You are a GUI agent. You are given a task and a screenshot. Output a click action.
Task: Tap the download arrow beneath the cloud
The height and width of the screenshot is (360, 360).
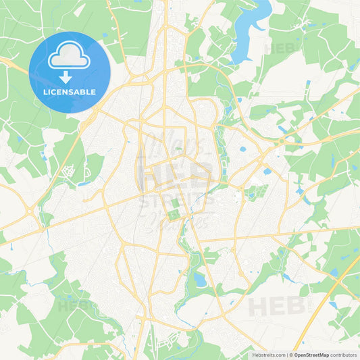pyautogui.click(x=70, y=76)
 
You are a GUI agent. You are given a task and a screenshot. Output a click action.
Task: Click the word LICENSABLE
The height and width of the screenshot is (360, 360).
pyautogui.click(x=70, y=92)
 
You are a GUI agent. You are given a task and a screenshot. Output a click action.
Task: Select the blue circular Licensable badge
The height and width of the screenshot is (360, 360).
pyautogui.click(x=70, y=72)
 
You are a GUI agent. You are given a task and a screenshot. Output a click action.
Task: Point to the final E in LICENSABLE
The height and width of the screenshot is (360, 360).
pyautogui.click(x=93, y=92)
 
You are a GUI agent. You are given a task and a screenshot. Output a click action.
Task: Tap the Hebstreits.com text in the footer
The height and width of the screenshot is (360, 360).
pyautogui.click(x=267, y=354)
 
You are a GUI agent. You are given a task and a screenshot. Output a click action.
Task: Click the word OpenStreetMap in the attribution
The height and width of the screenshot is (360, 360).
pyautogui.click(x=310, y=354)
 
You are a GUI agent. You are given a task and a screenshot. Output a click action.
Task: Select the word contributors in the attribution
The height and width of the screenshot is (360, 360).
pyautogui.click(x=343, y=354)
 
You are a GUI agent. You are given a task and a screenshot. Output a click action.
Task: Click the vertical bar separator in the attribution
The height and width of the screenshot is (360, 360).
pyautogui.click(x=287, y=354)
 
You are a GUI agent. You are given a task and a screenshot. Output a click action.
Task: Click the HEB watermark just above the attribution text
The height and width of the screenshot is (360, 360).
pyautogui.click(x=277, y=307)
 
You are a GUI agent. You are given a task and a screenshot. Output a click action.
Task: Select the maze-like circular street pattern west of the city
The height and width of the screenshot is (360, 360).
pyautogui.click(x=68, y=172)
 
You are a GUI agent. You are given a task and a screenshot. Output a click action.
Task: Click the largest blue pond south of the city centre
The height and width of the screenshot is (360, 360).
pyautogui.click(x=199, y=278)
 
